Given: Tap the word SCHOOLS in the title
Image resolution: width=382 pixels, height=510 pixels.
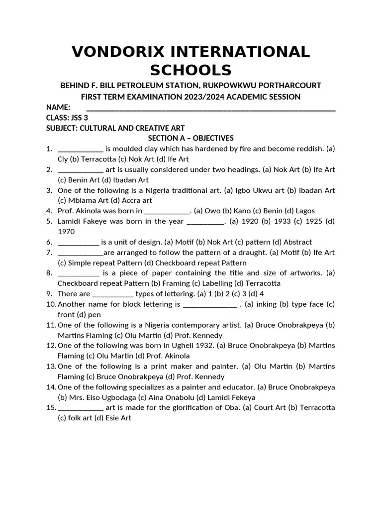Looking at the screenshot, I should (191, 70).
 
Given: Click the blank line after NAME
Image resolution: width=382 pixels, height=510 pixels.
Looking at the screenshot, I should (211, 108).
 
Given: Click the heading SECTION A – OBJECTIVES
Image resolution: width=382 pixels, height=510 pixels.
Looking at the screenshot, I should (191, 138).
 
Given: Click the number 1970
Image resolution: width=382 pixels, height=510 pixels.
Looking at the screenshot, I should (67, 232).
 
